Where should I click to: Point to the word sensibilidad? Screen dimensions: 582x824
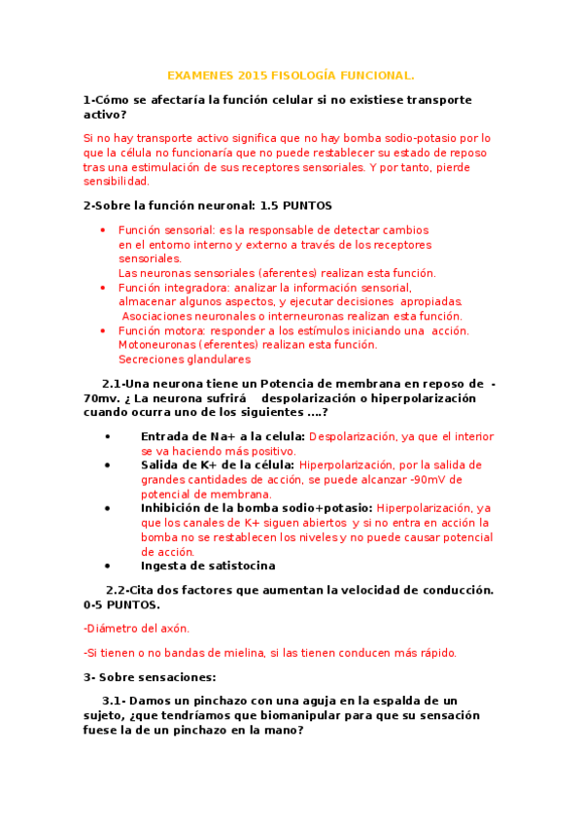[117, 182]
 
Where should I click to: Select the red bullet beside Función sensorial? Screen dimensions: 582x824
[103, 230]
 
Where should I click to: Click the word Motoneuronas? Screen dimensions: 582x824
[156, 345]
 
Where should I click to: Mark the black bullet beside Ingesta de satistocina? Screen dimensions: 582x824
[107, 566]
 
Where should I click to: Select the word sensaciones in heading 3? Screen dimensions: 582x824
[177, 677]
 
